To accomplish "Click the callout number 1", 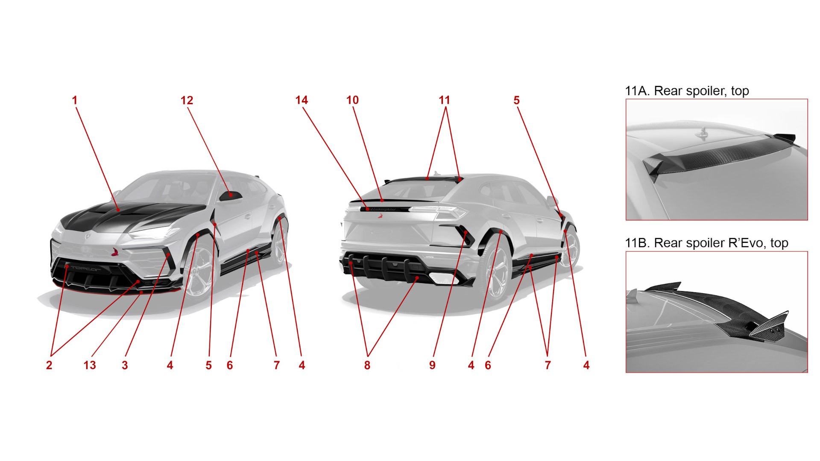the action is click(75, 100).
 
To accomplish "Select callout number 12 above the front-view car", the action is click(187, 100).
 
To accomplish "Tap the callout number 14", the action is click(302, 100).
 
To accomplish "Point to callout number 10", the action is click(352, 100).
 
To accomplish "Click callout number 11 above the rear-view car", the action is click(444, 100).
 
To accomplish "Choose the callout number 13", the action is click(90, 365).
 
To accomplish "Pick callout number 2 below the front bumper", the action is click(49, 365).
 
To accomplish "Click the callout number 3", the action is click(125, 365).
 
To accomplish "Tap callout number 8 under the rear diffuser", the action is click(367, 365).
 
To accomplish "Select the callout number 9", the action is click(433, 365).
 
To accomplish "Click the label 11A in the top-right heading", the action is click(638, 91).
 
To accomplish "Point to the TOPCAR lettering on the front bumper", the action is click(86, 268).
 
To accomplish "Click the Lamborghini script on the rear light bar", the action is click(383, 209).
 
